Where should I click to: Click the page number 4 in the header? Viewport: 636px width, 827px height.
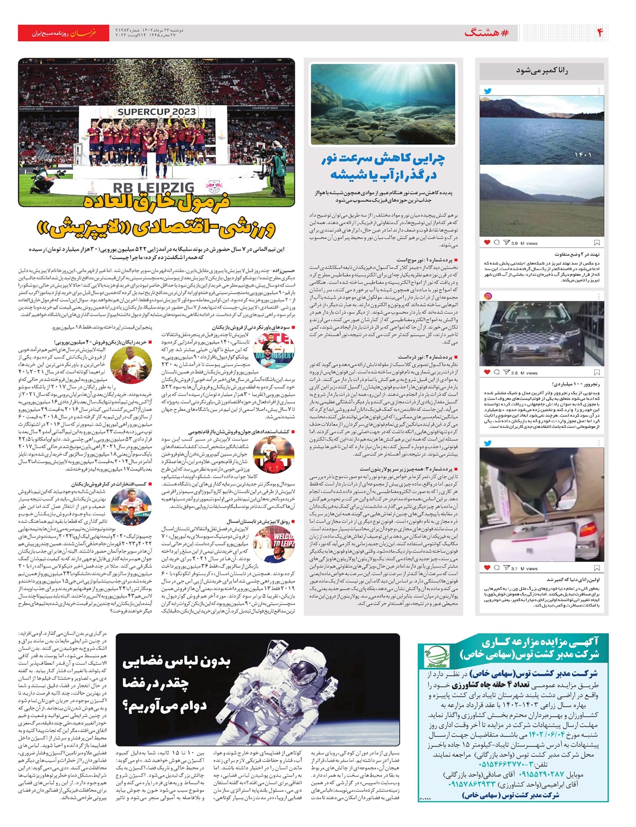[x=600, y=33]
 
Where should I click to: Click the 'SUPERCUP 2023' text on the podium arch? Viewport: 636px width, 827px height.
[x=156, y=112]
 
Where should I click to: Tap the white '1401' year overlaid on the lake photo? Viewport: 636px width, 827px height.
[x=582, y=155]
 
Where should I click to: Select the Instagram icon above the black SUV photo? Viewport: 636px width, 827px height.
[x=488, y=296]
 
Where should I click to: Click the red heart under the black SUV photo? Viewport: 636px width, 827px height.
[x=487, y=373]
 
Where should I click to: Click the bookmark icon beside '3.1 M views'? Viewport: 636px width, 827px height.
[x=597, y=568]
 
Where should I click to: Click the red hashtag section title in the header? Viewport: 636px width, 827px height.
[x=486, y=33]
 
